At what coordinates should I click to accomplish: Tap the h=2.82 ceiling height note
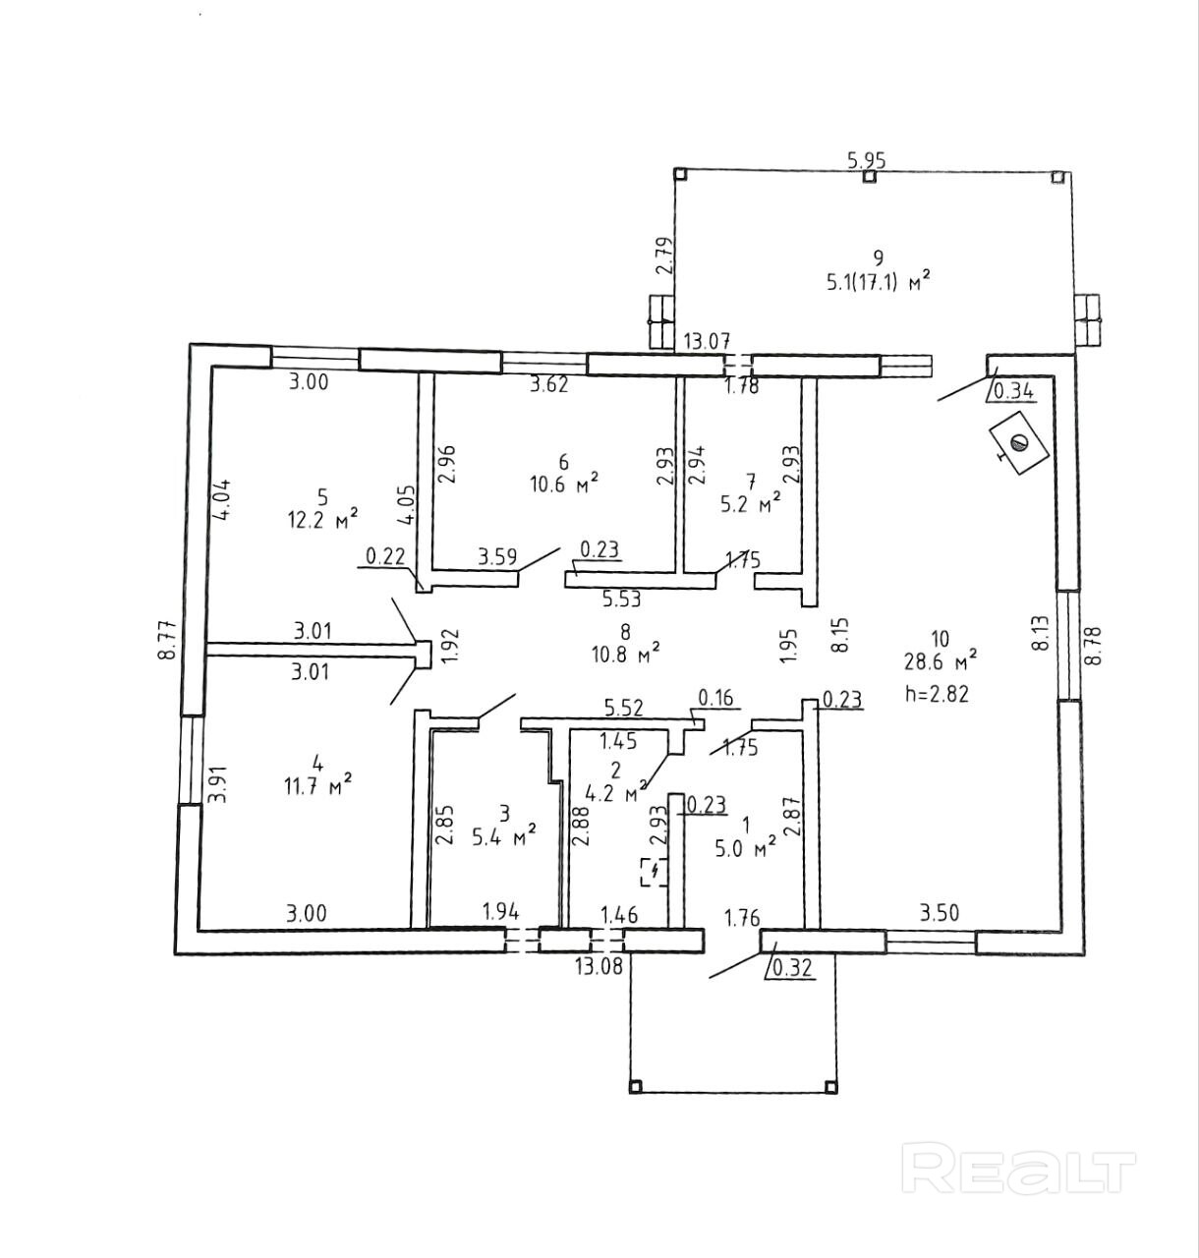click(937, 693)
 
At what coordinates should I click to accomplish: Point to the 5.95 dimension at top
click(867, 160)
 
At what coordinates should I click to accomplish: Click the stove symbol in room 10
click(1018, 444)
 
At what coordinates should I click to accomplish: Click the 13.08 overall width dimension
click(599, 965)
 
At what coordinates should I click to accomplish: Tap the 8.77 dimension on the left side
click(170, 638)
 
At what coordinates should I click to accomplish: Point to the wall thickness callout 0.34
click(1014, 391)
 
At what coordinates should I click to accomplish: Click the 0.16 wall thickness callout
click(715, 699)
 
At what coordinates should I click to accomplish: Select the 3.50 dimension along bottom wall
click(938, 913)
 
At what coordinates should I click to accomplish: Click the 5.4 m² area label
click(503, 835)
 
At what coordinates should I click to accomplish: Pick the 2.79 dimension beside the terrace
click(665, 256)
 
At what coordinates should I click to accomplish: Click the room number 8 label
click(625, 631)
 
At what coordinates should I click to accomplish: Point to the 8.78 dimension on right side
click(1093, 646)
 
